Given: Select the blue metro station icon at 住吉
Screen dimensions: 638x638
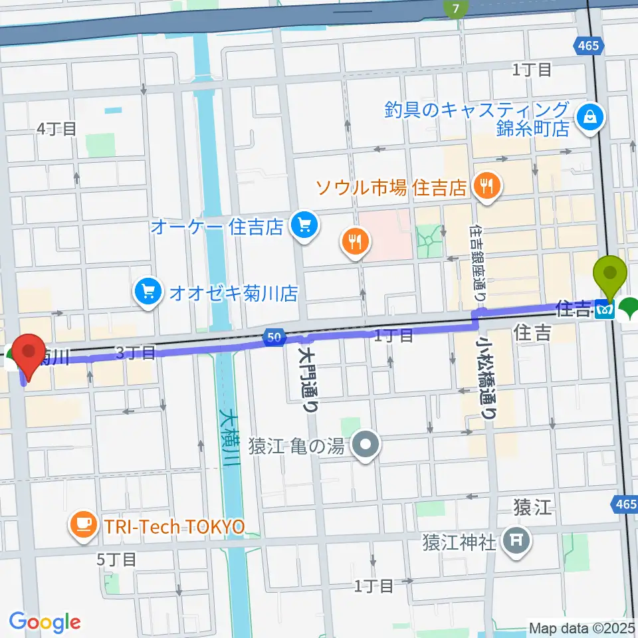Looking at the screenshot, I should (605, 309).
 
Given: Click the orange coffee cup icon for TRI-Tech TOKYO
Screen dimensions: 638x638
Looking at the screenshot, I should (84, 526).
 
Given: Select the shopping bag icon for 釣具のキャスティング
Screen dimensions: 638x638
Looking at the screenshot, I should (589, 118).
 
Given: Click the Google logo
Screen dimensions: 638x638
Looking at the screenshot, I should (45, 622).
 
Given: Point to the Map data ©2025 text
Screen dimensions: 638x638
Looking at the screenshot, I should (582, 627).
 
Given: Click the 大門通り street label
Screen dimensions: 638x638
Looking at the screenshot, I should (309, 379).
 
